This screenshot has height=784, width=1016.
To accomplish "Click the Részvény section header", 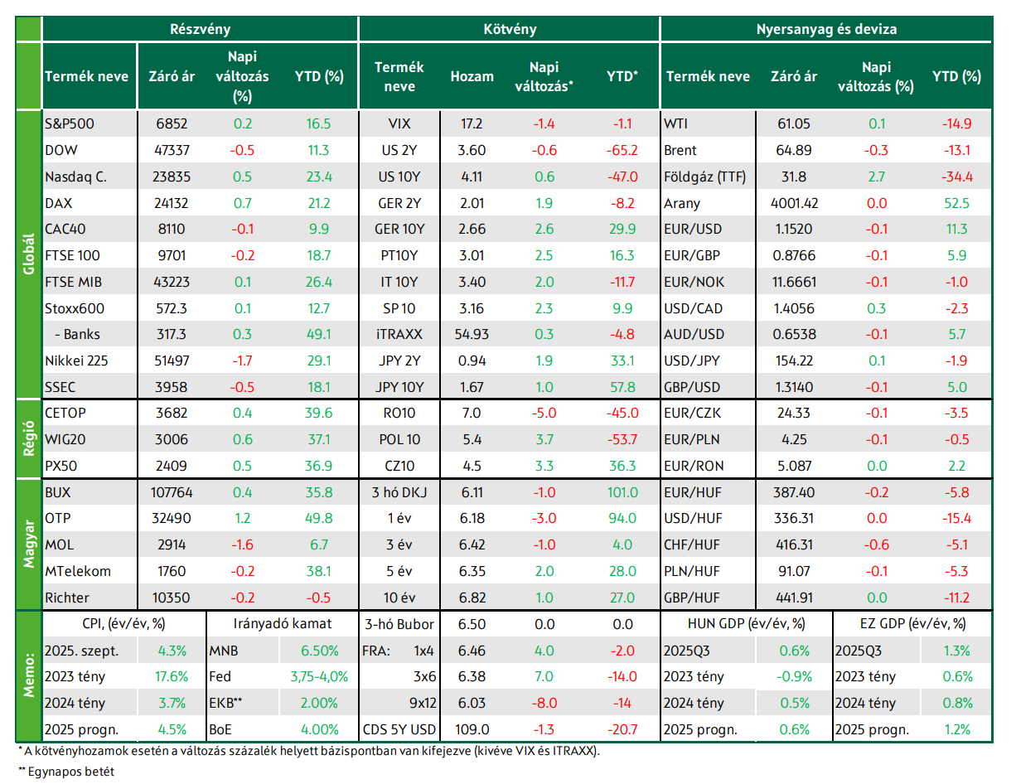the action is (200, 29).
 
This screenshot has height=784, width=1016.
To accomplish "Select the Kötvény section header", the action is (510, 29).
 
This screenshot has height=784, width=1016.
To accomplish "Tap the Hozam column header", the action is (472, 76).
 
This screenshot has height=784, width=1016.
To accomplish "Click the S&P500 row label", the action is (70, 123).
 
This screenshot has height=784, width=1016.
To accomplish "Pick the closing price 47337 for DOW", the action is (172, 150).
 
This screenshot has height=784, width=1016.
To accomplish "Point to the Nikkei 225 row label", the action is (76, 361).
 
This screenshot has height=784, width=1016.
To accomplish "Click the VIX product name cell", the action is (399, 123).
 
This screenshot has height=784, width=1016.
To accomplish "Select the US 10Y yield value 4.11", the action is (472, 177).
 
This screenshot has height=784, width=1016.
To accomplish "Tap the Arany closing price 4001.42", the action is (794, 203).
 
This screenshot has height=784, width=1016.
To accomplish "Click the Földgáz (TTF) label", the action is (704, 177).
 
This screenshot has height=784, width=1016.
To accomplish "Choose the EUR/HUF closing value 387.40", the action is (794, 492).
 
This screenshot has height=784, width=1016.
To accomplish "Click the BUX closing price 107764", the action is (172, 492).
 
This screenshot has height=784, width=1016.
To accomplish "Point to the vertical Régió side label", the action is (29, 438).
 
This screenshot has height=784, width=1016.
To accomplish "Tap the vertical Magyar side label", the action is (29, 544).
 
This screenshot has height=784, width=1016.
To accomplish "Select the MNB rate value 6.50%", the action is (319, 651).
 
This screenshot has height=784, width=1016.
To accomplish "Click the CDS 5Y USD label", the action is (399, 729).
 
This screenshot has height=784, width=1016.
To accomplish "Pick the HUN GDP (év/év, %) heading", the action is (746, 624).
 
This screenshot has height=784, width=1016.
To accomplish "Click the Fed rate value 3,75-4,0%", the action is (319, 676).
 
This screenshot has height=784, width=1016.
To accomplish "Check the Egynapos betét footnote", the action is (66, 772).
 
